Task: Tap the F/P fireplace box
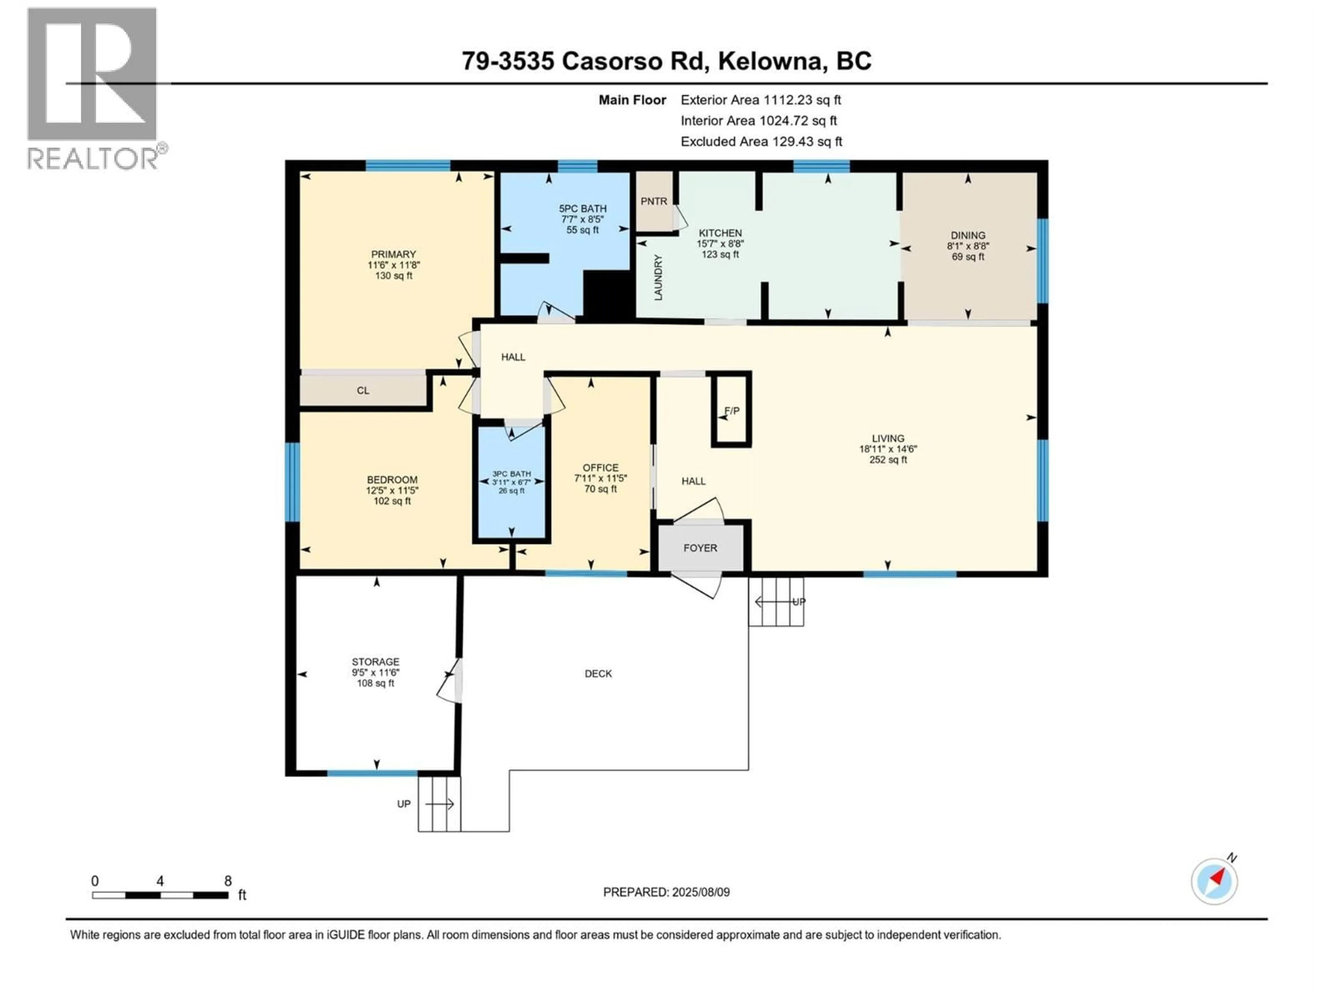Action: [x=732, y=410]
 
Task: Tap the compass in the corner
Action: [x=1214, y=881]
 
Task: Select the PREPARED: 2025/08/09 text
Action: [x=666, y=892]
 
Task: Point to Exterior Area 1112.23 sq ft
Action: [x=760, y=100]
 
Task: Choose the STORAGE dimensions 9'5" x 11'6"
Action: [x=376, y=673]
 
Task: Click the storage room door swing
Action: [x=449, y=681]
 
